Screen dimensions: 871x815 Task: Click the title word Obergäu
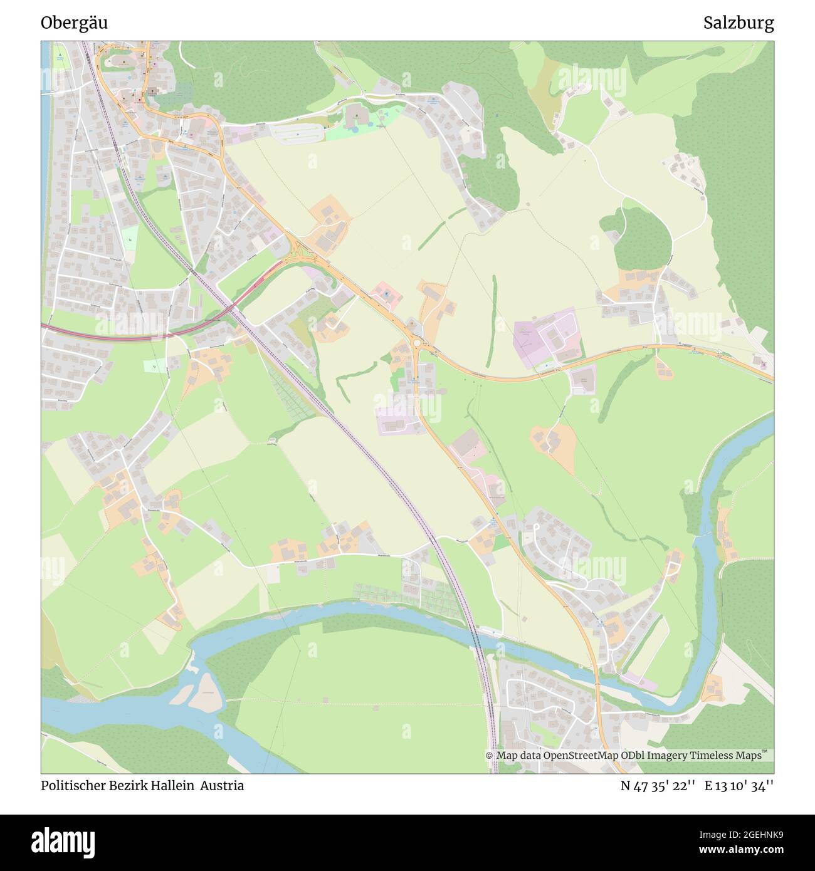pyautogui.click(x=74, y=23)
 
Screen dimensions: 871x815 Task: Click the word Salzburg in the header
pyautogui.click(x=738, y=23)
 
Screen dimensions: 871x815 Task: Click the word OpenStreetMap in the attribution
pyautogui.click(x=581, y=756)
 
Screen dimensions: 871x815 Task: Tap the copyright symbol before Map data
pyautogui.click(x=490, y=756)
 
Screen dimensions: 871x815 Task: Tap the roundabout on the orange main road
pyautogui.click(x=416, y=343)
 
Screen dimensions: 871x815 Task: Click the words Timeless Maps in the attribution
pyautogui.click(x=728, y=756)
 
